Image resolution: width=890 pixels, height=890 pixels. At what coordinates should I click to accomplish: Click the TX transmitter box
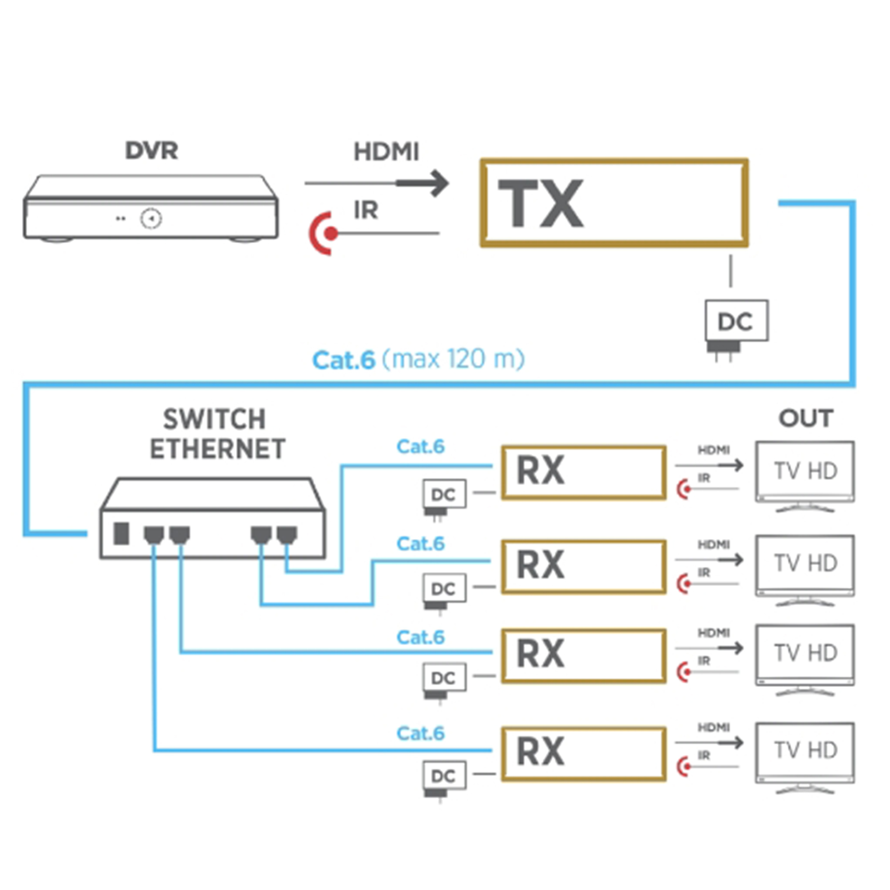pos(614,202)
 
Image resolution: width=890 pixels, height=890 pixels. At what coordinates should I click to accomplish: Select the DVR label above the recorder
pos(151,150)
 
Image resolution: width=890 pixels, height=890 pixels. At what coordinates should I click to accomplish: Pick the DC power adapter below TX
pos(736,323)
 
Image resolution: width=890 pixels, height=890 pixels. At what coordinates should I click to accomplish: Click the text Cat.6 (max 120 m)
pos(418,359)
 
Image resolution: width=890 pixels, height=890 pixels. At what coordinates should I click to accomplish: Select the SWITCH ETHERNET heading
pos(216,434)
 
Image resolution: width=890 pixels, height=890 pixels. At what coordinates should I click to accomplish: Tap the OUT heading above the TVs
pos(805,418)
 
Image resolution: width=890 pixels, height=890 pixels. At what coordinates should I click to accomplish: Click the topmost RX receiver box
pos(584,472)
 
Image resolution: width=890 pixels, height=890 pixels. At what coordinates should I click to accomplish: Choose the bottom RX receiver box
pos(584,753)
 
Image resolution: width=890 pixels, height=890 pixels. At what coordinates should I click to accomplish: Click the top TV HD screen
pos(805,471)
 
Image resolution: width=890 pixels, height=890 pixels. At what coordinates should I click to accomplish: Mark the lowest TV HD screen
pos(805,750)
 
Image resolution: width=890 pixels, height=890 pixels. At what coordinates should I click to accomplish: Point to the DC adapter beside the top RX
pos(443,495)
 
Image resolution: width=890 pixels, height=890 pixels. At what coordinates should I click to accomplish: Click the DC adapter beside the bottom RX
pos(443,776)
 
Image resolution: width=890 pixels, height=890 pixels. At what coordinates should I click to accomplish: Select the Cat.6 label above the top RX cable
pos(420,446)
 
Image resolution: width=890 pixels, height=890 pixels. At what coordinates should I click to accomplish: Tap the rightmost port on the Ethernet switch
pos(287,535)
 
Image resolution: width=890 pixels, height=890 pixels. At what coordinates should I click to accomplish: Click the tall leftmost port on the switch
pos(121,533)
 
